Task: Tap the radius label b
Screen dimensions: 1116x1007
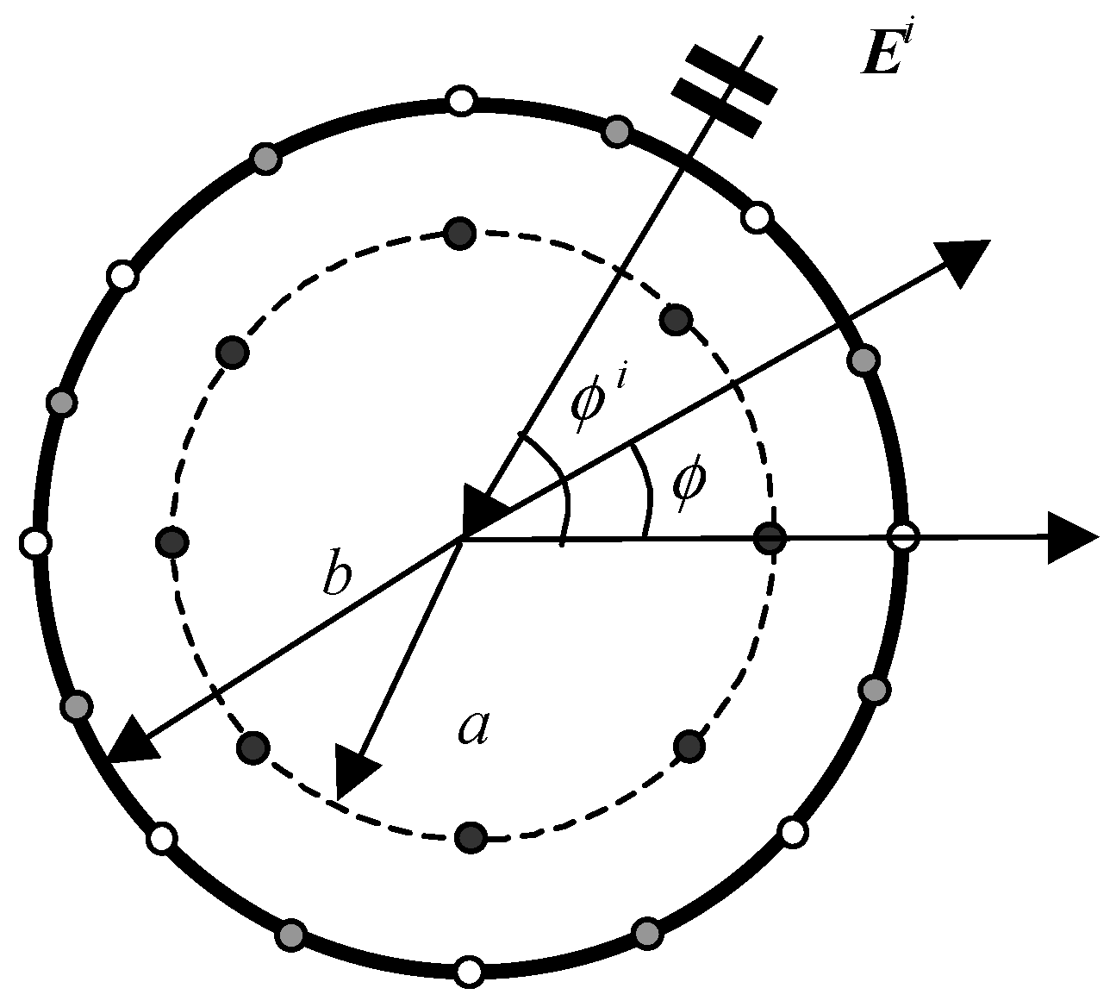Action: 336,576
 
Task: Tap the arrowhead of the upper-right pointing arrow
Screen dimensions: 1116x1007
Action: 963,259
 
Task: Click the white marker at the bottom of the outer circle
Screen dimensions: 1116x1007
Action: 469,972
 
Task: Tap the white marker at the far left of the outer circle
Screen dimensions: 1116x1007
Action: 35,543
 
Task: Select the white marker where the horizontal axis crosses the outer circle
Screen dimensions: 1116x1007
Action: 902,537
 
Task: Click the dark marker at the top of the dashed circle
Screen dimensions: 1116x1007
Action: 459,233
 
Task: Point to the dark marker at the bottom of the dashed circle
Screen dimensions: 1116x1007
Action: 471,836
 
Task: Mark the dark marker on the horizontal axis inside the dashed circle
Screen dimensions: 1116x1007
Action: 770,539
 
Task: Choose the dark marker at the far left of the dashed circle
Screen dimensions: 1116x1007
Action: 173,542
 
